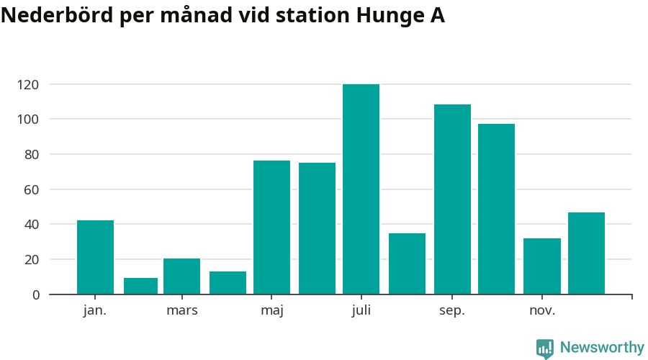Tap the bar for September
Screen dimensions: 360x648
pos(452,199)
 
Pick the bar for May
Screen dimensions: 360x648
pos(271,228)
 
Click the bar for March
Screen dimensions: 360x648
pos(181,276)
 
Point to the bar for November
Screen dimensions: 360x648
pos(542,266)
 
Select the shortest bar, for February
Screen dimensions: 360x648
pos(140,286)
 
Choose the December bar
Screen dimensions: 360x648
pos(586,253)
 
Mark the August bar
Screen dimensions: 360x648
pos(407,264)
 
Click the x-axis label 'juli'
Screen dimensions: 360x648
pos(361,311)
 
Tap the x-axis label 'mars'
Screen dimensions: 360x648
pos(181,311)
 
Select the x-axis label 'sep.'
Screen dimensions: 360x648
pos(452,311)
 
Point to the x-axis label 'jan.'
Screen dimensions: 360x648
pos(95,311)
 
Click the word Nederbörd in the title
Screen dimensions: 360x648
pos(57,16)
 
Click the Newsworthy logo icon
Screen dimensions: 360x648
pos(545,348)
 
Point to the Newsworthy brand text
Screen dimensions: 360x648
pos(602,348)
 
